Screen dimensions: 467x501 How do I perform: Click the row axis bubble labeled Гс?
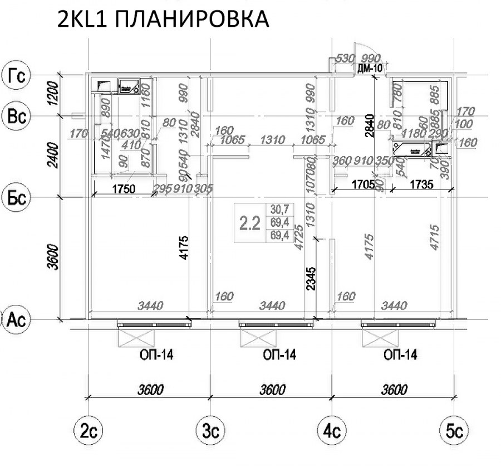click(x=16, y=75)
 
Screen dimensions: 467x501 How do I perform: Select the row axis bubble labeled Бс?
click(x=16, y=198)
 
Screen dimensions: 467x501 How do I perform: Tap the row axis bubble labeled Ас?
click(x=16, y=319)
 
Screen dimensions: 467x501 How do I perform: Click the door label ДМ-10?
click(x=370, y=69)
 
